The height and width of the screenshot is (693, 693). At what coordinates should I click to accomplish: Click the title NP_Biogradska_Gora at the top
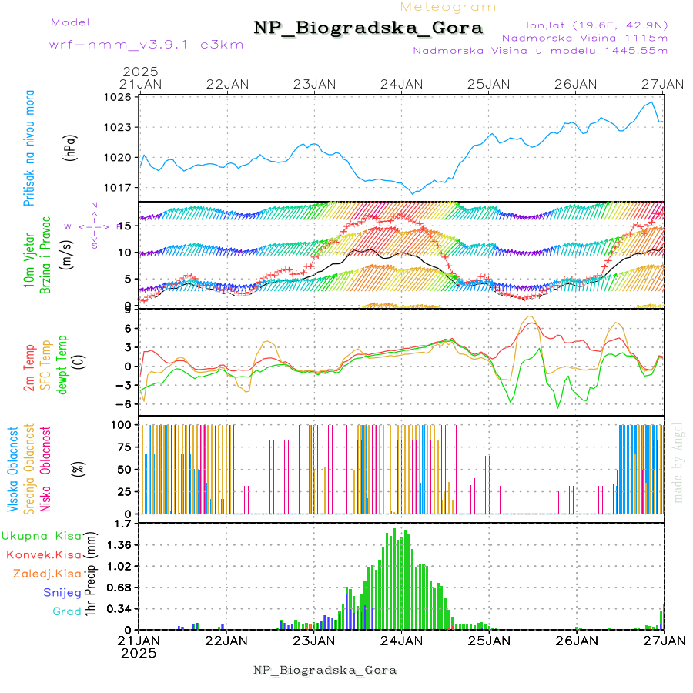tap(368, 28)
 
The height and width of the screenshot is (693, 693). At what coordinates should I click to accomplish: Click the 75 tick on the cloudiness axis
tap(124, 446)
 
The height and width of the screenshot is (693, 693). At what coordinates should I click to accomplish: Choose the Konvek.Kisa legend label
tap(44, 554)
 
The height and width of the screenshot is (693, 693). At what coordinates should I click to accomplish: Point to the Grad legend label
tap(66, 611)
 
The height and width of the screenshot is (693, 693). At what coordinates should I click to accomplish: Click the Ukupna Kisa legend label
tap(42, 535)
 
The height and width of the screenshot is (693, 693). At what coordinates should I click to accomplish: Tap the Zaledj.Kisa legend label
tap(47, 574)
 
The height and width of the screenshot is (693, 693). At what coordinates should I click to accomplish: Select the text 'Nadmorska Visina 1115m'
tap(584, 37)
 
